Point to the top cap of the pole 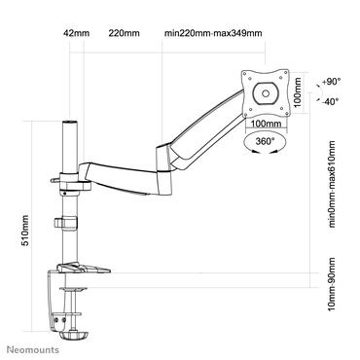pyautogui.click(x=69, y=125)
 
